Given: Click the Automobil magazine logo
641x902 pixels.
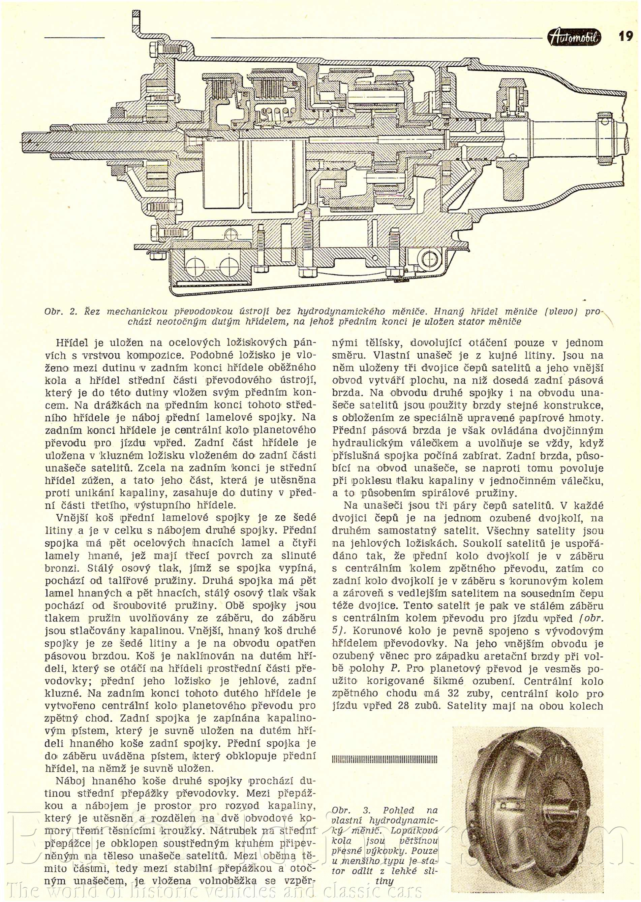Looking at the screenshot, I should [x=575, y=37].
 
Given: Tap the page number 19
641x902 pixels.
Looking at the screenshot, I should [x=625, y=37].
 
